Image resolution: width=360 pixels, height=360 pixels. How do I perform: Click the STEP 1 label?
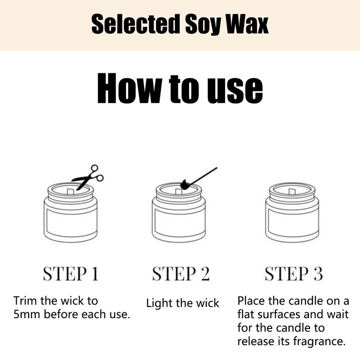click(x=70, y=274)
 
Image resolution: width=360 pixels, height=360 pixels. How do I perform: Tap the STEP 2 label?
click(x=180, y=274)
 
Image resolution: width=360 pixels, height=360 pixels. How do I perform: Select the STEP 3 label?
click(x=293, y=274)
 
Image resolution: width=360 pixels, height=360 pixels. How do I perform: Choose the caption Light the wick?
click(x=183, y=303)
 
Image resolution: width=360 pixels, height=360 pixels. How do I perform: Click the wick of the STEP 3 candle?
click(x=288, y=191)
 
